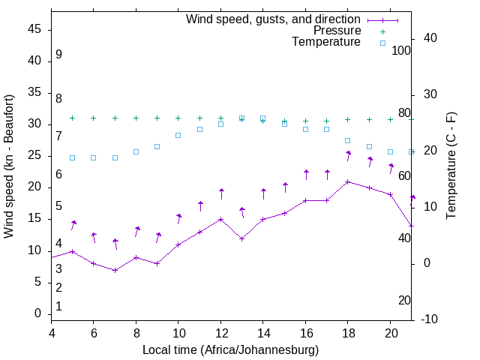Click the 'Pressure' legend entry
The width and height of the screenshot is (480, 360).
337,31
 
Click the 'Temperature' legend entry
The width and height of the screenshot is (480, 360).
326,42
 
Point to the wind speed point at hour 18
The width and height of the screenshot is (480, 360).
348,181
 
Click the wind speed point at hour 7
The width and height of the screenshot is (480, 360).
115,270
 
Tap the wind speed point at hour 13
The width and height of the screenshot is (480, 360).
242,238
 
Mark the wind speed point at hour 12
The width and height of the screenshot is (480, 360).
221,220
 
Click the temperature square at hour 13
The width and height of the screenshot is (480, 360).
242,118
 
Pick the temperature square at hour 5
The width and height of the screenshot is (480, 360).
72,157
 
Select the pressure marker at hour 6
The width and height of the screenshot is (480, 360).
94,118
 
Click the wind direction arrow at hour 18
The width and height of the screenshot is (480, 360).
349,156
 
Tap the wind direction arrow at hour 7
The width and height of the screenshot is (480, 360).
115,244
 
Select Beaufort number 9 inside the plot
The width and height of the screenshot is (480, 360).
58,55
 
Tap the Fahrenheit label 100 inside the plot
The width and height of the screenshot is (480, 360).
401,50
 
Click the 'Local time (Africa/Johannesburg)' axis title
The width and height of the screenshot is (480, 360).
230,349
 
